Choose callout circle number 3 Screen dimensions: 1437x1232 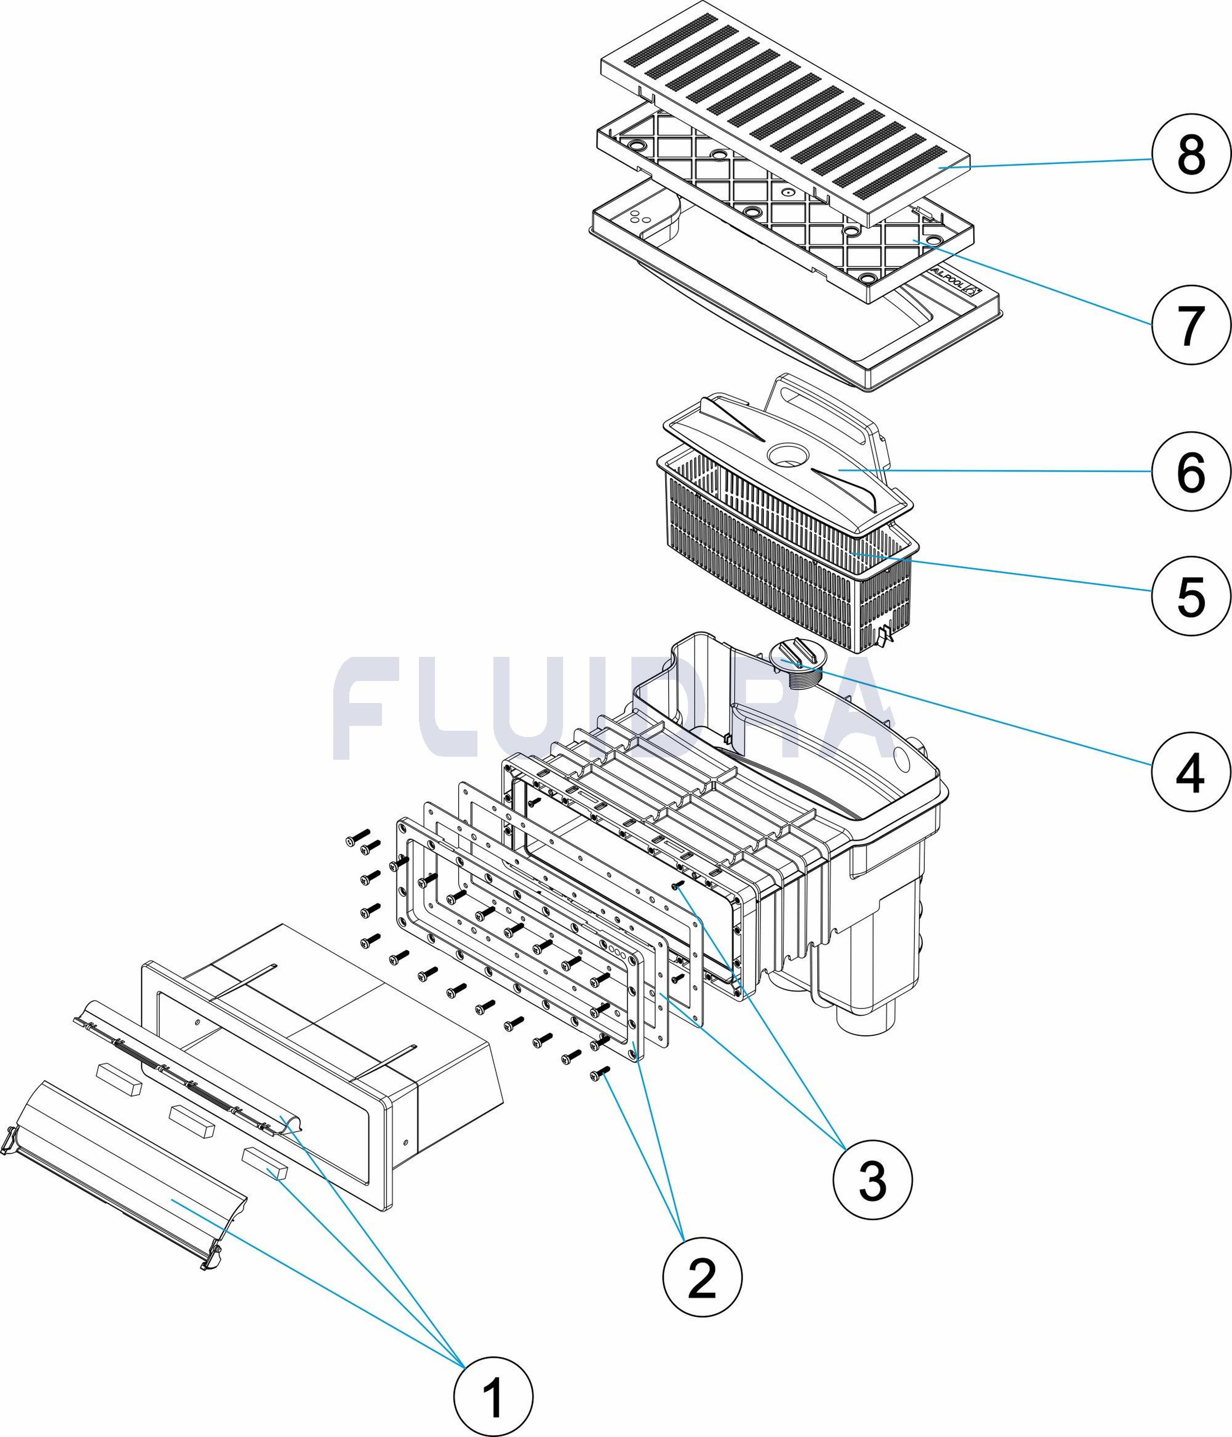point(872,1180)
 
